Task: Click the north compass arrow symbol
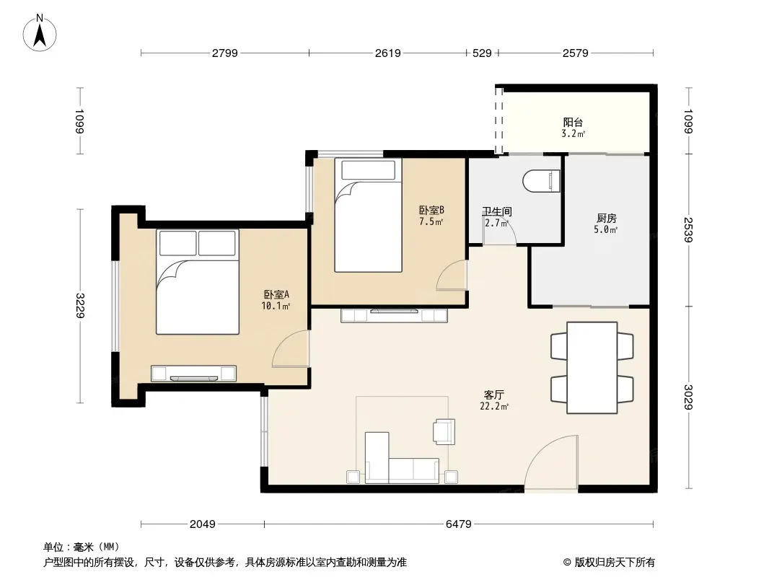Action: click(x=41, y=33)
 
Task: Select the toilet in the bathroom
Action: click(x=542, y=181)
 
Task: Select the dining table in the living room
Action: click(x=592, y=368)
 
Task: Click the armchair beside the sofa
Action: click(x=444, y=431)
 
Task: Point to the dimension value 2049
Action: click(x=203, y=524)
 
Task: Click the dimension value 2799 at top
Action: click(x=225, y=53)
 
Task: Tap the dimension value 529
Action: click(x=482, y=53)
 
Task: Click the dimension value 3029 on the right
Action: click(x=689, y=397)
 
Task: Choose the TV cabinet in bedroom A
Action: click(x=193, y=374)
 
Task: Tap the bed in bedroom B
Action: click(x=368, y=216)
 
